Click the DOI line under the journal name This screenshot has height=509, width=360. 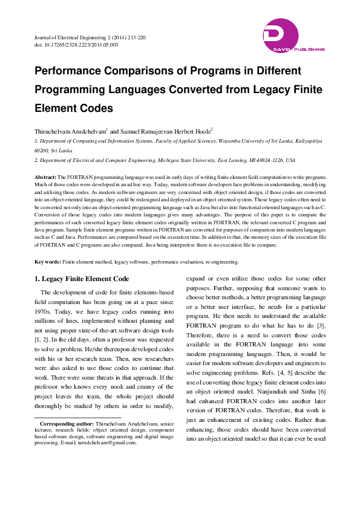[76, 45]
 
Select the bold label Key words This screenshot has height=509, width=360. [47, 262]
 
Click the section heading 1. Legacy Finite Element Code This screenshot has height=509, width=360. [82, 279]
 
